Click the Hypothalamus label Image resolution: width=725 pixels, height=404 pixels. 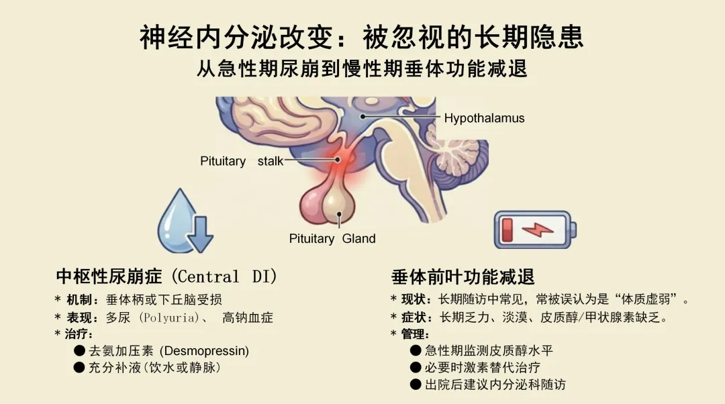(484, 118)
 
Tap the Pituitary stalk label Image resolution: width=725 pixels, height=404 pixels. (242, 161)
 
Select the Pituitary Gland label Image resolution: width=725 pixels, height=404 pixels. (332, 238)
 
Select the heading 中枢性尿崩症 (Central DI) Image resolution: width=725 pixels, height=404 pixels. (166, 276)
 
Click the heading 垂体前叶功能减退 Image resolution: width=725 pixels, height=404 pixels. (463, 276)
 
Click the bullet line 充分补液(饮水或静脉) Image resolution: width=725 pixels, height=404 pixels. (154, 367)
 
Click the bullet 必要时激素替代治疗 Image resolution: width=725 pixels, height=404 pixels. (482, 367)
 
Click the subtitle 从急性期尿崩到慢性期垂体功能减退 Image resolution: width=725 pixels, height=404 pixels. (362, 69)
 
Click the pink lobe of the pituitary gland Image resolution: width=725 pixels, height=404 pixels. (313, 205)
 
